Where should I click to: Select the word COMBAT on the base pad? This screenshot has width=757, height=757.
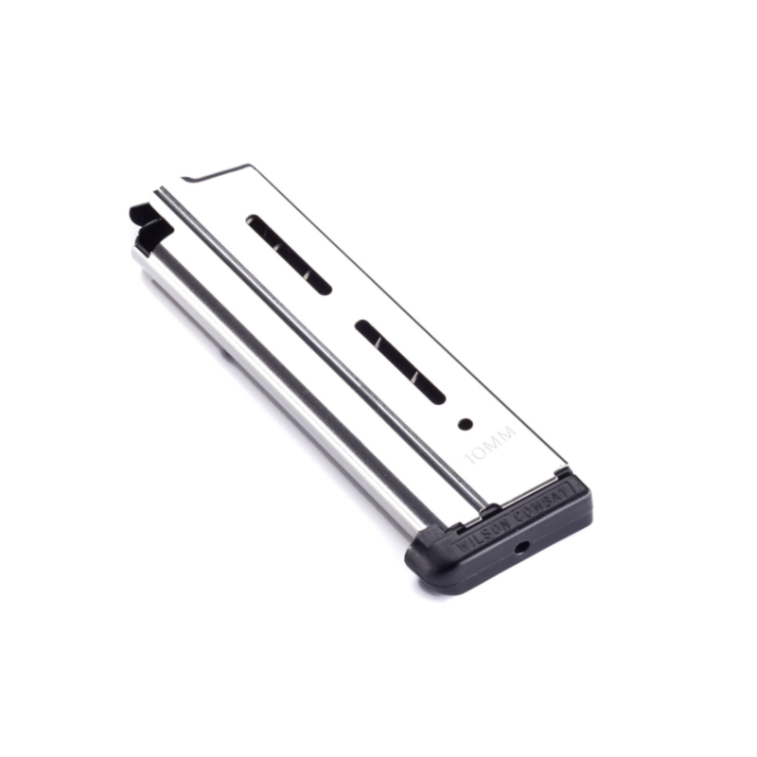pyautogui.click(x=543, y=502)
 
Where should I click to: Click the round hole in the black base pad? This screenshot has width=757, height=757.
pyautogui.click(x=519, y=548)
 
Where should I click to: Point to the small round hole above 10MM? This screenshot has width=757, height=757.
pyautogui.click(x=465, y=423)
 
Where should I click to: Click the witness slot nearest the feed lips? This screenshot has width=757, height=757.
pyautogui.click(x=289, y=255)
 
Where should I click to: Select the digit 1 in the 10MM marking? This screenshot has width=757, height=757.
pyautogui.click(x=472, y=460)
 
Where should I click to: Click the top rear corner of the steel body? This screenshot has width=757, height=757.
pyautogui.click(x=250, y=167)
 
